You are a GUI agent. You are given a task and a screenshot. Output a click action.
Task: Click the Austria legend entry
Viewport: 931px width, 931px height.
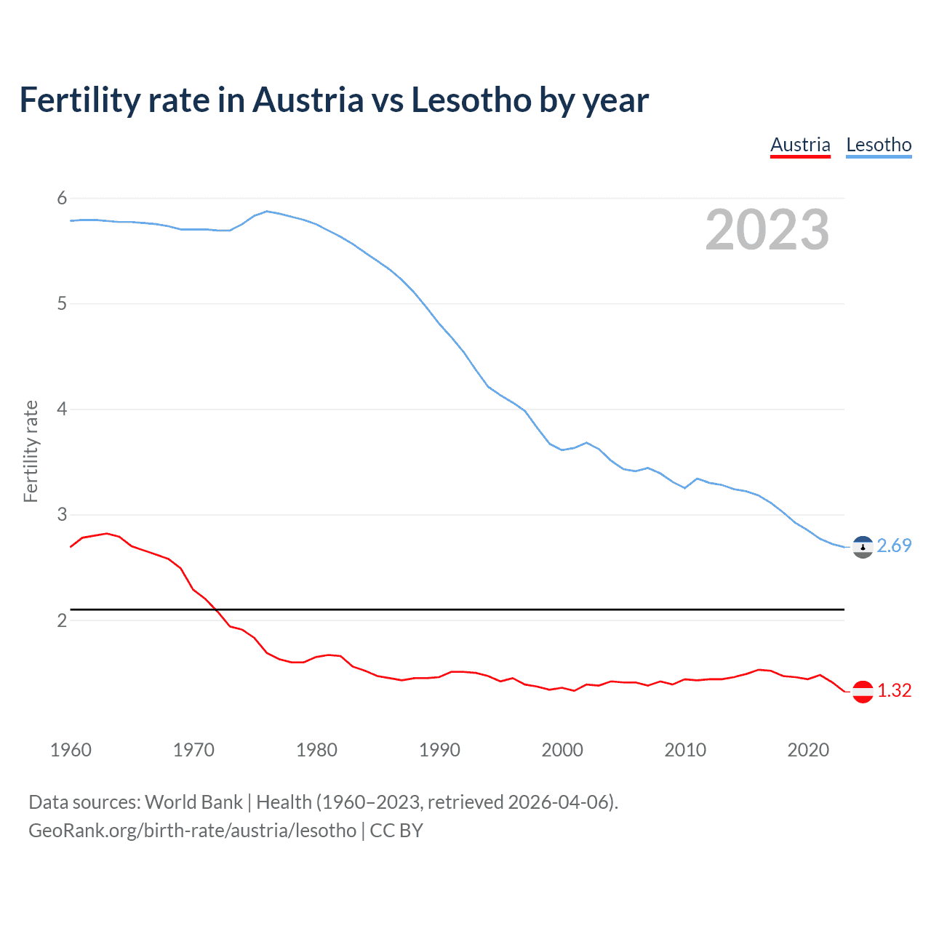tap(800, 145)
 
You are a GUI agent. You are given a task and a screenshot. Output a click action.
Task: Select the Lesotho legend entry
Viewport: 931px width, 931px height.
tap(879, 145)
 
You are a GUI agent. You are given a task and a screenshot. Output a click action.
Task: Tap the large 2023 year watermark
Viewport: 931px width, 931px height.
tap(767, 230)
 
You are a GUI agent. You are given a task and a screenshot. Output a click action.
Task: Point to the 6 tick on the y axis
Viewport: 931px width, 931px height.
tap(62, 198)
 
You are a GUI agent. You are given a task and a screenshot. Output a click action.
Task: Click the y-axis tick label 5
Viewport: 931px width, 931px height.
tap(62, 303)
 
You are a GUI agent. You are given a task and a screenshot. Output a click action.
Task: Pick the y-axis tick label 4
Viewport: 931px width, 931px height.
tap(62, 409)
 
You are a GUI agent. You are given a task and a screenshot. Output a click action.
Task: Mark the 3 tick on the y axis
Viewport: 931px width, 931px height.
tap(62, 514)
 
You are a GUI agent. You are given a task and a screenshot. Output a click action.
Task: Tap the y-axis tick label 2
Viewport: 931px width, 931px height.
tap(62, 620)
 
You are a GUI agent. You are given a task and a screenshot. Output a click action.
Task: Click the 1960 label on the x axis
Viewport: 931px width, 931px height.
tap(71, 750)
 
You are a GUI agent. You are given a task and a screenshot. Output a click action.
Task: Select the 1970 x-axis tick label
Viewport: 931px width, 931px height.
tap(193, 750)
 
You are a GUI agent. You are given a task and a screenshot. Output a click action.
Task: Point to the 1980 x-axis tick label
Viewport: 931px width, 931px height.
tap(316, 750)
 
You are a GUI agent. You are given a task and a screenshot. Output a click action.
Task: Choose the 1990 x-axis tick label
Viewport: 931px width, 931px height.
tap(439, 750)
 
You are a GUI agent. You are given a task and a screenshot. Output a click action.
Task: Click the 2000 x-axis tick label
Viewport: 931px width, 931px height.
tap(562, 750)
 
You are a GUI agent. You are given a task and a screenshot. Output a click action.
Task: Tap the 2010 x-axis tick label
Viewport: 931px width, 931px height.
tap(685, 750)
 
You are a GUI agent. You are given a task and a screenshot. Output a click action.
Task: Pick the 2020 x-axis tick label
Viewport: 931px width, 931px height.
tap(808, 750)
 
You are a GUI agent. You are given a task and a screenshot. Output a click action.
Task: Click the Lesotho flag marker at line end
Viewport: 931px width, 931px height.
tap(863, 547)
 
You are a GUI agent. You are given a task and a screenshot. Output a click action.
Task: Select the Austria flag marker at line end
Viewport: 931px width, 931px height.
tap(863, 691)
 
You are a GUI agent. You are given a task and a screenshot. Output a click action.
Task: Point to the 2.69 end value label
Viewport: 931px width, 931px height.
tap(894, 546)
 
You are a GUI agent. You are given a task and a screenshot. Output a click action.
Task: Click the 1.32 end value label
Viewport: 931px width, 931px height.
tap(894, 690)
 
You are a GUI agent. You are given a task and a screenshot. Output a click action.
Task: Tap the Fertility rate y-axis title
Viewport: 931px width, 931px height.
tap(31, 451)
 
